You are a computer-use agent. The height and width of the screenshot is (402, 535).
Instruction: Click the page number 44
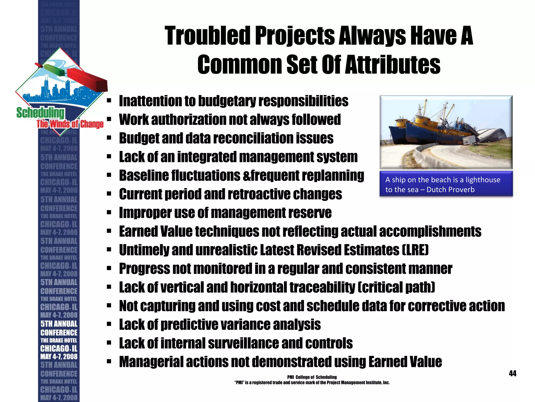point(513,373)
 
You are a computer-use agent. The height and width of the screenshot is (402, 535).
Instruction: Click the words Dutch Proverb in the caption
point(450,189)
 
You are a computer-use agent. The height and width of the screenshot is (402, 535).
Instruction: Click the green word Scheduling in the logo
point(40,113)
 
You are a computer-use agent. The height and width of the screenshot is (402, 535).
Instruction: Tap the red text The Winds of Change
point(70,124)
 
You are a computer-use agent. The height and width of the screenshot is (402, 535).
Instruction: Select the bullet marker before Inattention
point(109,101)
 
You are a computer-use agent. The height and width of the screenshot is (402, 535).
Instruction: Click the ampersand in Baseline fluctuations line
point(246,176)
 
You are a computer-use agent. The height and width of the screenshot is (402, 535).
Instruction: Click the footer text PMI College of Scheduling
point(312,377)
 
